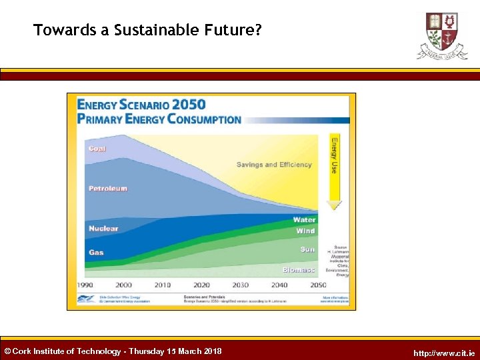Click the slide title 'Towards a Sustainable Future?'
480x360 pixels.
[147, 30]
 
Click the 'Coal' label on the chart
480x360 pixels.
[97, 148]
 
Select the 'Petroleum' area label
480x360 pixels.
[107, 189]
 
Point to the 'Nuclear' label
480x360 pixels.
[103, 229]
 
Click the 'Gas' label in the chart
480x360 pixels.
[96, 253]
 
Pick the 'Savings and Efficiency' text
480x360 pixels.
[274, 165]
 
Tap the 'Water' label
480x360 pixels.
[304, 220]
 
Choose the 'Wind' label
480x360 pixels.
[305, 231]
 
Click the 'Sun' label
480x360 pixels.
[307, 249]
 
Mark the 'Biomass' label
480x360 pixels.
[299, 270]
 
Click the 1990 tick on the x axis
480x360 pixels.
[85, 285]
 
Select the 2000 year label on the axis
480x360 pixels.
[124, 285]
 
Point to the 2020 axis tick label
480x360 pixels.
[201, 285]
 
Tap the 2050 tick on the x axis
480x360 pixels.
[318, 285]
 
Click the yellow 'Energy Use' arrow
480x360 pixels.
[334, 171]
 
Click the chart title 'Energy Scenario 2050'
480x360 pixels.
[141, 105]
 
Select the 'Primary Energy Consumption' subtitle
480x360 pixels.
[159, 119]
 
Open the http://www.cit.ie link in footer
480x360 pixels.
[444, 353]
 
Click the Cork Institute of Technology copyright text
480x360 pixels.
[113, 351]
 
